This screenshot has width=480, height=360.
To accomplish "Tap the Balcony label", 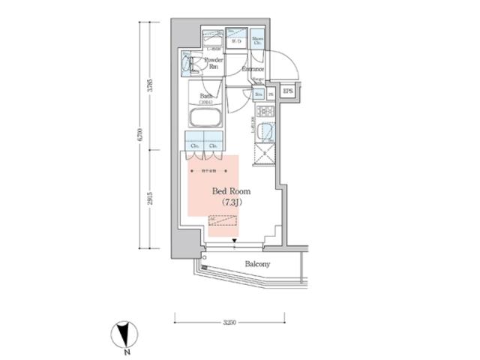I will tap(257, 265).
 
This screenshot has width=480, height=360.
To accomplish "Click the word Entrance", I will tap(252, 70).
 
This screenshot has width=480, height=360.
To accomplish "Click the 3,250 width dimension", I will tap(230, 322).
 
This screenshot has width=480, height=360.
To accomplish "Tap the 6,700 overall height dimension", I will tap(140, 138).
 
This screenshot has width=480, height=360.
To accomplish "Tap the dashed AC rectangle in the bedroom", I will tap(223, 221).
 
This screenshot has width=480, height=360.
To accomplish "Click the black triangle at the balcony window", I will tap(235, 241).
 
